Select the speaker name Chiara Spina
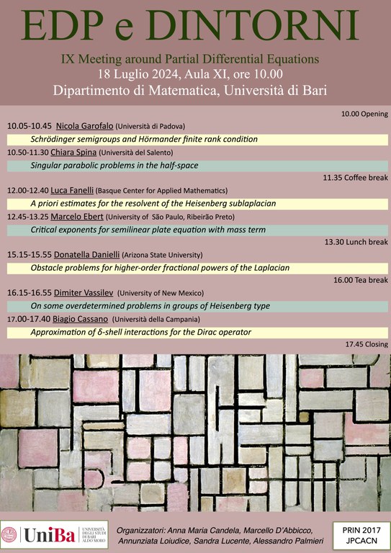73,153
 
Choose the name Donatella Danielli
85,255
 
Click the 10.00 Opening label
364,114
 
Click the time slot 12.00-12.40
28,191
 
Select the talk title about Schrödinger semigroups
144,139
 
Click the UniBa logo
54,535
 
